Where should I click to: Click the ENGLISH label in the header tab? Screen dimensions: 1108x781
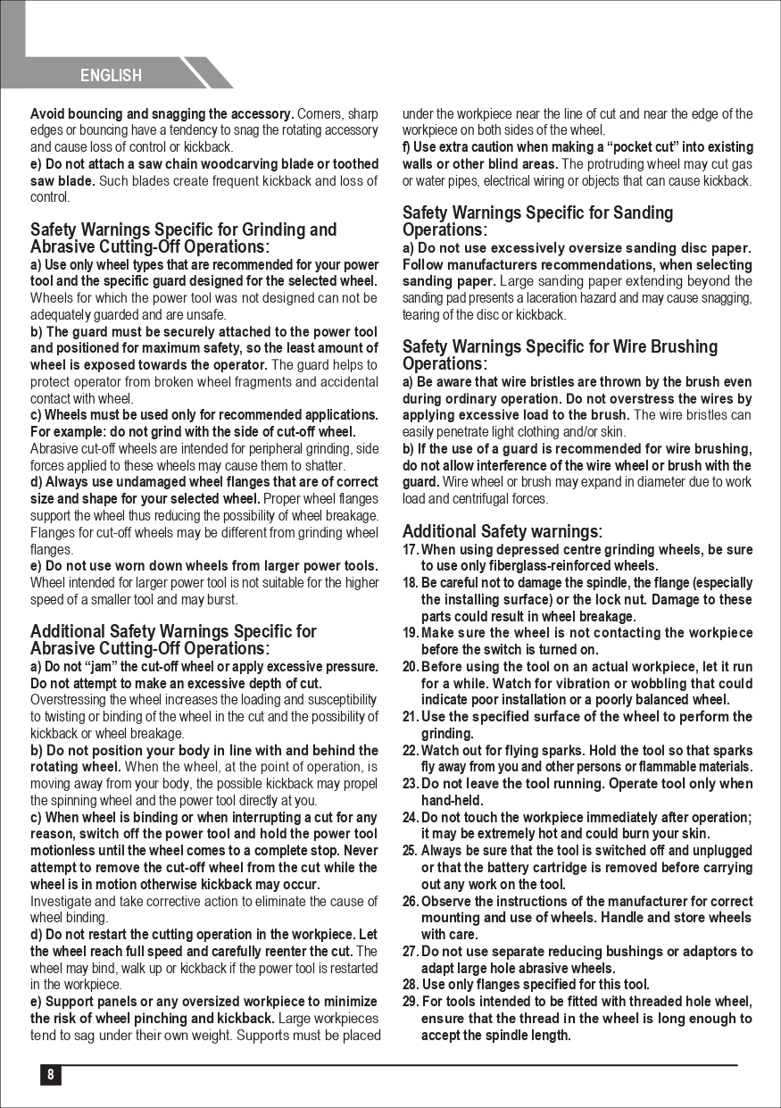(x=111, y=76)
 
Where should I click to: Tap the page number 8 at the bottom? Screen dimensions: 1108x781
(x=50, y=1075)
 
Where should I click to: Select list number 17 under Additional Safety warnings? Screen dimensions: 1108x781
(x=411, y=550)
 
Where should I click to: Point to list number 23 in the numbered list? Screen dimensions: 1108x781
(x=411, y=784)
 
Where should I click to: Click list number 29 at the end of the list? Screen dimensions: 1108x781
(x=411, y=1002)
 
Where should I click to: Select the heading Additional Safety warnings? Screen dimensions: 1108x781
(x=502, y=532)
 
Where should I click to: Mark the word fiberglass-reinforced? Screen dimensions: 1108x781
(x=558, y=566)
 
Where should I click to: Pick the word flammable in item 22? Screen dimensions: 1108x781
(x=652, y=767)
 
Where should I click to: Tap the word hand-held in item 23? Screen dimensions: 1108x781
(x=452, y=801)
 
